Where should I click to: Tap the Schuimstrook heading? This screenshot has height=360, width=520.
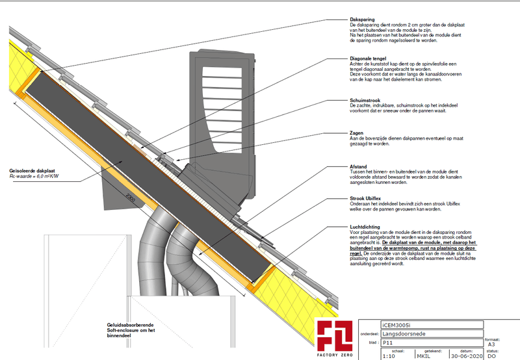[x=365, y=101]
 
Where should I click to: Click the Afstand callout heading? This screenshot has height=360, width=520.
[x=359, y=166]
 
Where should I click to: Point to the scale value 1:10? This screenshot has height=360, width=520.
[x=389, y=355]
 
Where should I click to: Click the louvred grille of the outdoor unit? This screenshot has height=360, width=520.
[x=227, y=104]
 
